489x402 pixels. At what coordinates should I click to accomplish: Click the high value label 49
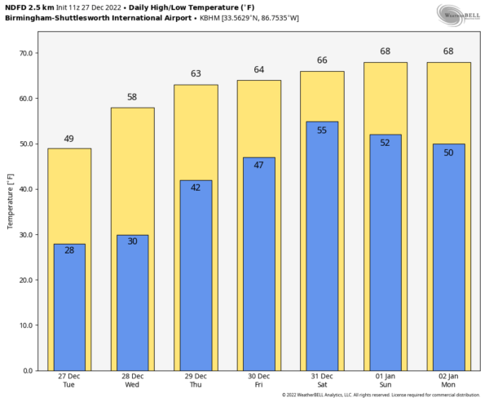click(69, 139)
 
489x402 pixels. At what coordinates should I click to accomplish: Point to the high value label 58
click(132, 97)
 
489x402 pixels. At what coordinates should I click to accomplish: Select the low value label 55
click(322, 130)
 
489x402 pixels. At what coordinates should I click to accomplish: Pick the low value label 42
click(196, 188)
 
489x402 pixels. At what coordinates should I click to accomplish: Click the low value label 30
click(132, 241)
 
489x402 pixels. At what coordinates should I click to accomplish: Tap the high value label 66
click(322, 60)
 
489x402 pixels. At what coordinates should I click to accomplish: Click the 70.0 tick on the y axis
click(25, 53)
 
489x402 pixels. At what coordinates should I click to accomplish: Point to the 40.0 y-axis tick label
click(25, 189)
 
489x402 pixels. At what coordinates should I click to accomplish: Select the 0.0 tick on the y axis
click(28, 371)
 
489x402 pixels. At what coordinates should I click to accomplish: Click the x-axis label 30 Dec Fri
click(258, 381)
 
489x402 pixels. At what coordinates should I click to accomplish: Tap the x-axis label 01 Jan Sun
click(385, 381)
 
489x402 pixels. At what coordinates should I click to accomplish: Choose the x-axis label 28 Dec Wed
click(132, 381)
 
